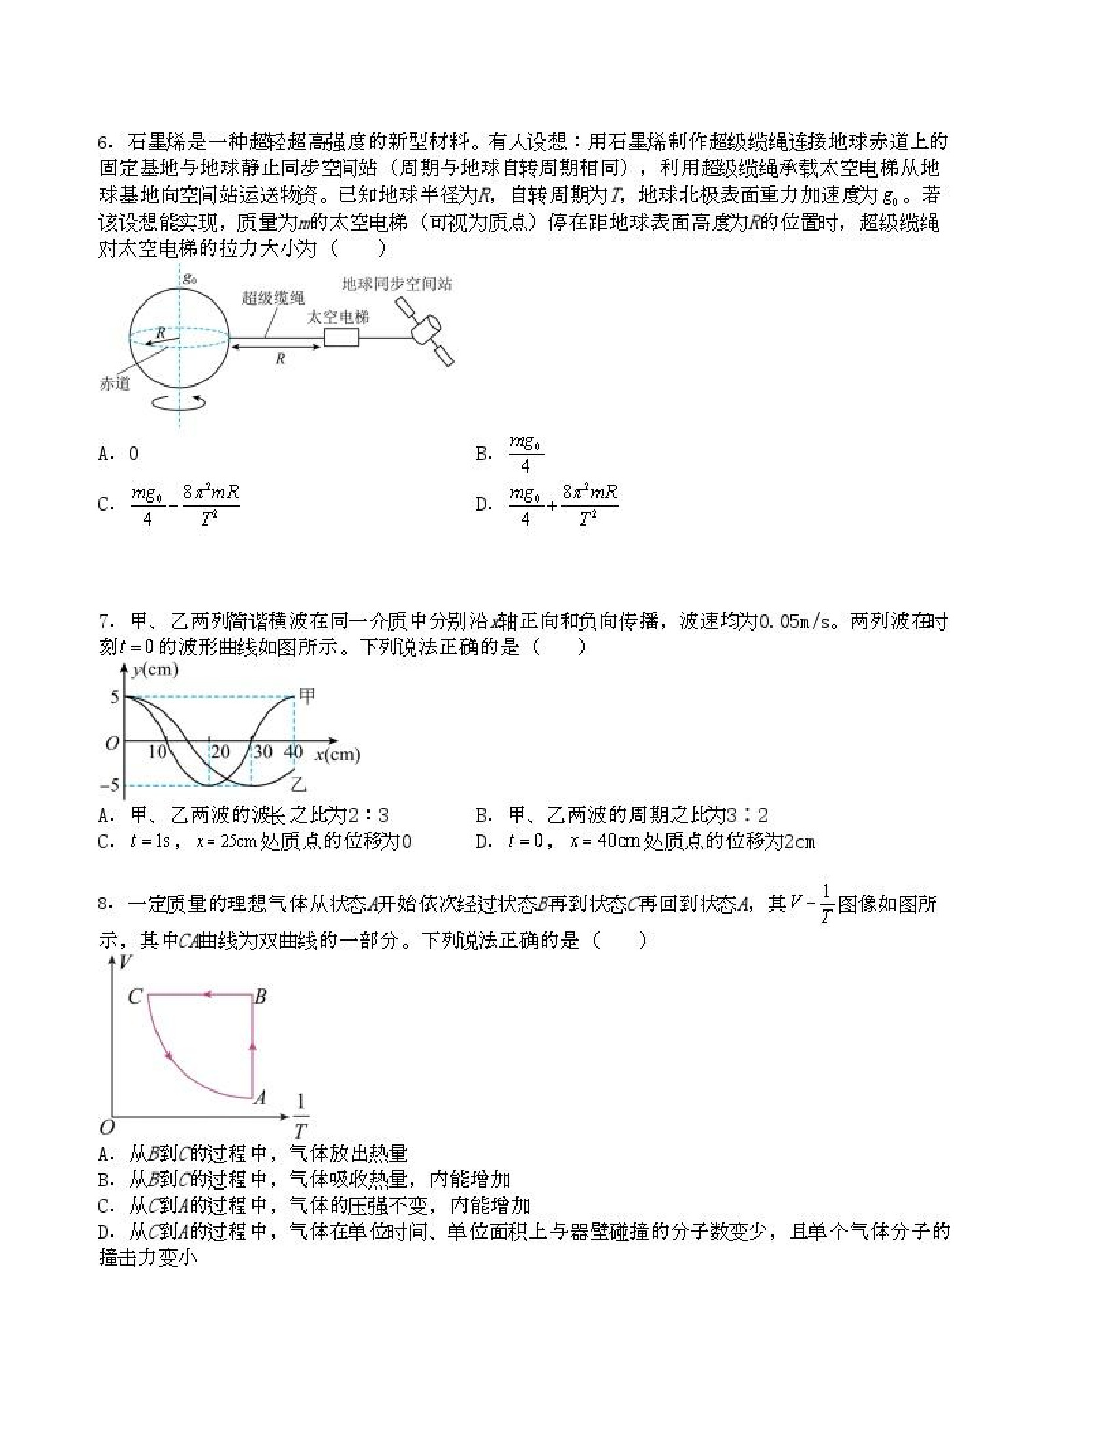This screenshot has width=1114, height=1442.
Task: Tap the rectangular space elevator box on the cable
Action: (x=341, y=338)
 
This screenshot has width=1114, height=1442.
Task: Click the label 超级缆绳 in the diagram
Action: (x=273, y=298)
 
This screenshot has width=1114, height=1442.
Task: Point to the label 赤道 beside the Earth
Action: (x=115, y=383)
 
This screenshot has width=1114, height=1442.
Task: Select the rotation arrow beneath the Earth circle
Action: (x=179, y=400)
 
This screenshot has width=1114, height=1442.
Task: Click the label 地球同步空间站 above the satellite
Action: (x=397, y=284)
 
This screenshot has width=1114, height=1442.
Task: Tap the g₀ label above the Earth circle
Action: (x=190, y=278)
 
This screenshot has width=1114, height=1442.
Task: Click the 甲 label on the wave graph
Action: (x=307, y=695)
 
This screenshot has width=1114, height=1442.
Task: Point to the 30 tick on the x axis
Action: (x=263, y=751)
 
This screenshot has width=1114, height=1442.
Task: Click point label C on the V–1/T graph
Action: (x=134, y=996)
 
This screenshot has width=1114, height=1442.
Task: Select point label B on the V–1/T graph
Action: (x=261, y=996)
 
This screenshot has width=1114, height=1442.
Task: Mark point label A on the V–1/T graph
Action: (x=260, y=1098)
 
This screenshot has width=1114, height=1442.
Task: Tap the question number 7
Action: (x=104, y=621)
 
